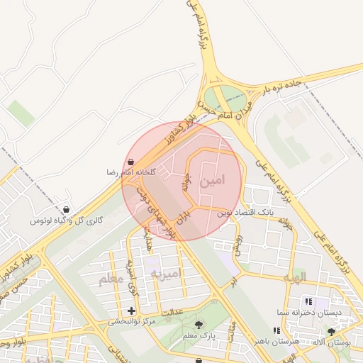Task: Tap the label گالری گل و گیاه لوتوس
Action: click(x=67, y=221)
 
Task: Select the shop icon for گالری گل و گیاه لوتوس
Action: click(x=67, y=210)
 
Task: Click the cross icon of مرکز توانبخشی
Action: click(x=131, y=311)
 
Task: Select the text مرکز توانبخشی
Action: click(x=132, y=322)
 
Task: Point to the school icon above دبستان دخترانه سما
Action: click(x=307, y=301)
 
